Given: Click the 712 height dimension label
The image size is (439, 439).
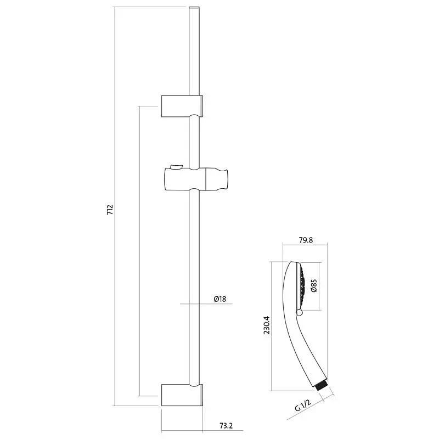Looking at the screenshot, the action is [x=110, y=210].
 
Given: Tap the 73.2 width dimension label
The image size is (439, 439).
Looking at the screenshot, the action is [x=226, y=426].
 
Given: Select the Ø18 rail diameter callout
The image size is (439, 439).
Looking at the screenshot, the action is [x=220, y=299].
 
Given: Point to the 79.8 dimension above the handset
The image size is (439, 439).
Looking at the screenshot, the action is [x=306, y=240].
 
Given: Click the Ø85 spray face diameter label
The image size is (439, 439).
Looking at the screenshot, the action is [x=314, y=285].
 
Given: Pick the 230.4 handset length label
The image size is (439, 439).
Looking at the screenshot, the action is [x=267, y=325].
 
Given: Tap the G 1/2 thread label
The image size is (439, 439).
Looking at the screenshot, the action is [x=303, y=405].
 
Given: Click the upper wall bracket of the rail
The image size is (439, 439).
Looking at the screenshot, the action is [x=182, y=106].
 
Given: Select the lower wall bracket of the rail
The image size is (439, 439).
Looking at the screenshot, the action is [x=182, y=395].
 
